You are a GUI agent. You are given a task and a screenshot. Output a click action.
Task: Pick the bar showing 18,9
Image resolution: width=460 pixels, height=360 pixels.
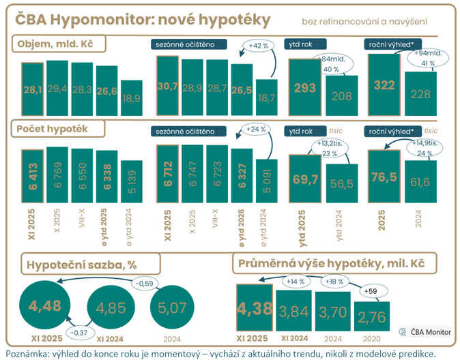click(x=131, y=97)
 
